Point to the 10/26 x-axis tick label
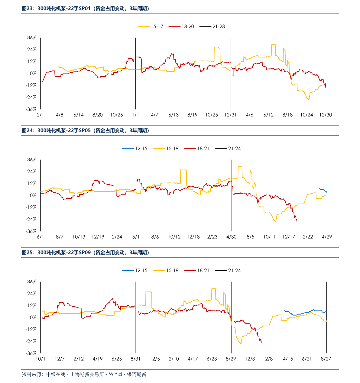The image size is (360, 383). click(117, 115)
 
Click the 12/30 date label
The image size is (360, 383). click(326, 115)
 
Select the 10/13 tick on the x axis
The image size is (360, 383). click(79, 237)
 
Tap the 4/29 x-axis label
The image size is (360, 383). click(327, 237)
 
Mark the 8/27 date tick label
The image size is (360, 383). click(326, 359)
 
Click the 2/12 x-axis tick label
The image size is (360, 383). click(79, 359)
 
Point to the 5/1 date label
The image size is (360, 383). click(136, 237)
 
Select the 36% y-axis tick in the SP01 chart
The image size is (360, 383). click(32, 38)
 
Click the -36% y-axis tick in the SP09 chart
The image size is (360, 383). click(31, 353)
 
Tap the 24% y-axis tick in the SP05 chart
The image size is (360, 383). click(32, 172)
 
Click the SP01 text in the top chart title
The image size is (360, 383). click(85, 9)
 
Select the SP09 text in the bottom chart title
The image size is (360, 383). click(85, 253)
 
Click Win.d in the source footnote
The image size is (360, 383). click(115, 375)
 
